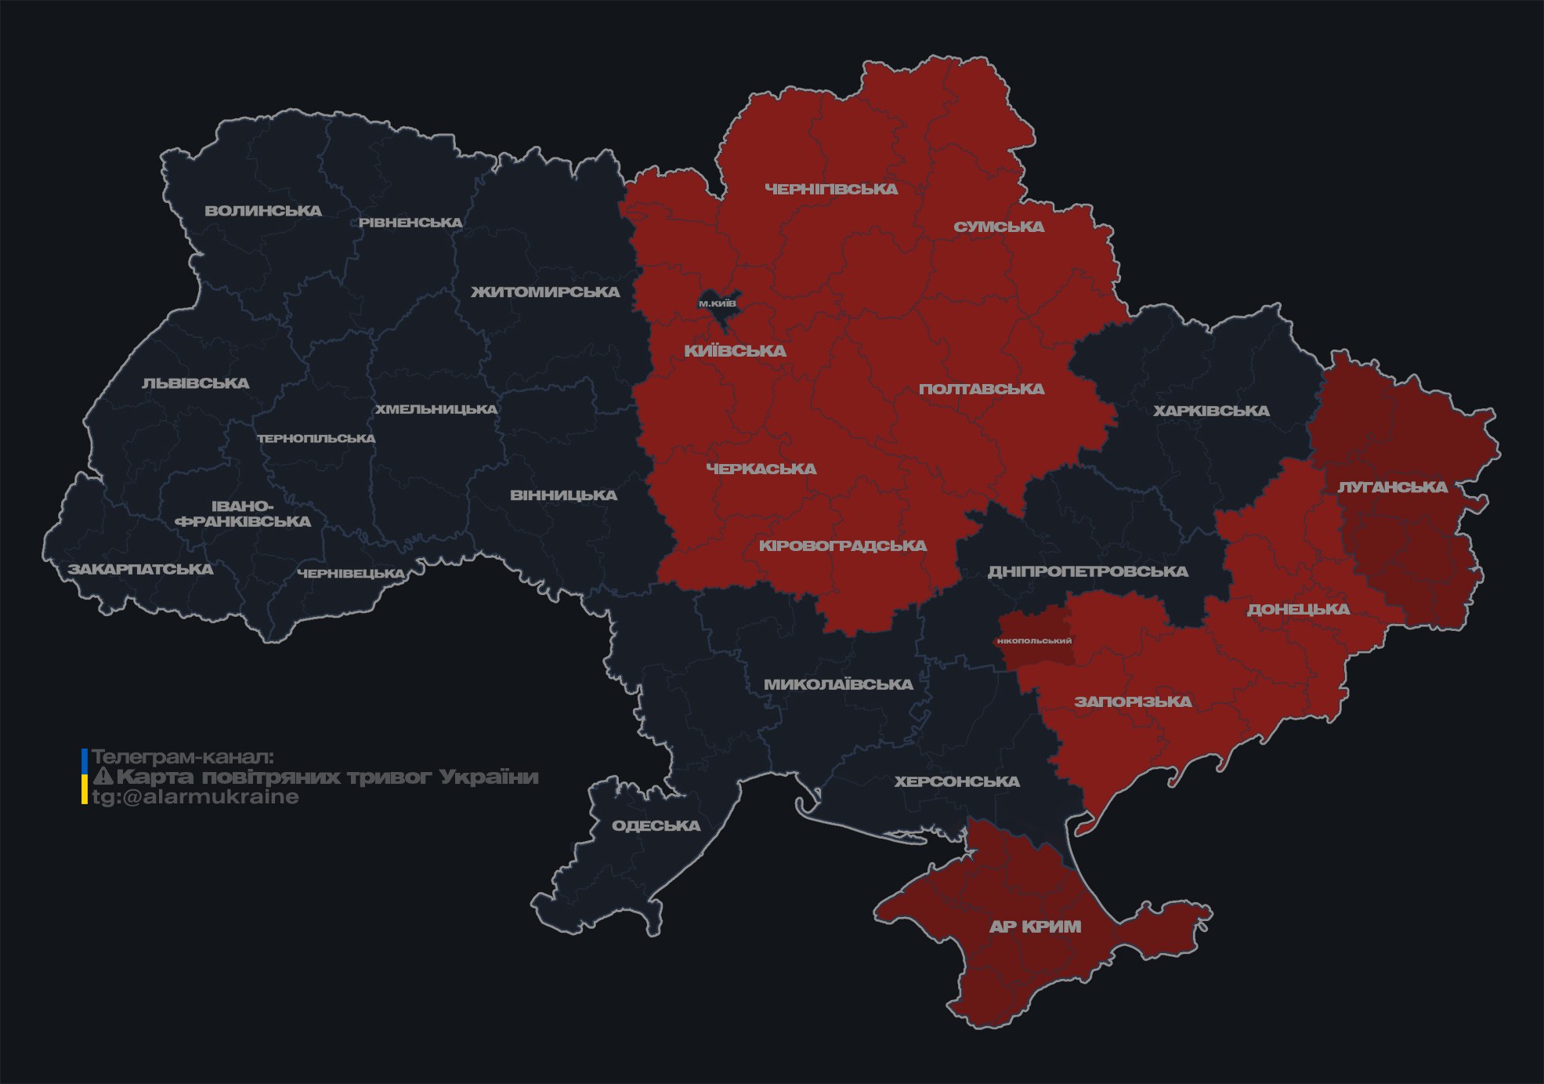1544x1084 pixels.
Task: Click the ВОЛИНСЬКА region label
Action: tap(263, 211)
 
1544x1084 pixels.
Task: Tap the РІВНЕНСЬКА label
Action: tap(410, 223)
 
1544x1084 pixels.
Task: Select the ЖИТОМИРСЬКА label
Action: tap(545, 292)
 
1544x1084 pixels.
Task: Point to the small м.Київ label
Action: tap(717, 303)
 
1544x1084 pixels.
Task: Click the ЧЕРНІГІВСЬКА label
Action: tap(831, 189)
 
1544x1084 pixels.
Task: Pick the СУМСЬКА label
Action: tap(999, 227)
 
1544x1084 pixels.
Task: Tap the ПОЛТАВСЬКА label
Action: tap(982, 389)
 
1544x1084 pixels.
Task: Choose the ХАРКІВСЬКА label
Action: tap(1211, 411)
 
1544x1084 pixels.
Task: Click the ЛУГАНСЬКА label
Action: tap(1392, 487)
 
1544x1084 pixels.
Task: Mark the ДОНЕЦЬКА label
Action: tap(1298, 609)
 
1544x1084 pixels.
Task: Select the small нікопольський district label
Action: tap(1034, 641)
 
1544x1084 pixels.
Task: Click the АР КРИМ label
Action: tap(1035, 926)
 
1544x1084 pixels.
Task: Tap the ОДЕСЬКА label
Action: tap(656, 825)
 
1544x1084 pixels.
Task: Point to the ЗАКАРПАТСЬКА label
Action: tap(140, 569)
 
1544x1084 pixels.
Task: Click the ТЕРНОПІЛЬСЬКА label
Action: tap(316, 438)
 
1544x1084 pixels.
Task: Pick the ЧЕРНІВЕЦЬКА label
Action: tap(351, 574)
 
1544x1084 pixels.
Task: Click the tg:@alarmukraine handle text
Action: tap(196, 797)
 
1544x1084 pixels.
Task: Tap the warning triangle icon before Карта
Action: tap(103, 777)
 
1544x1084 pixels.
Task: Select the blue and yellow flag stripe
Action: tap(85, 777)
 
